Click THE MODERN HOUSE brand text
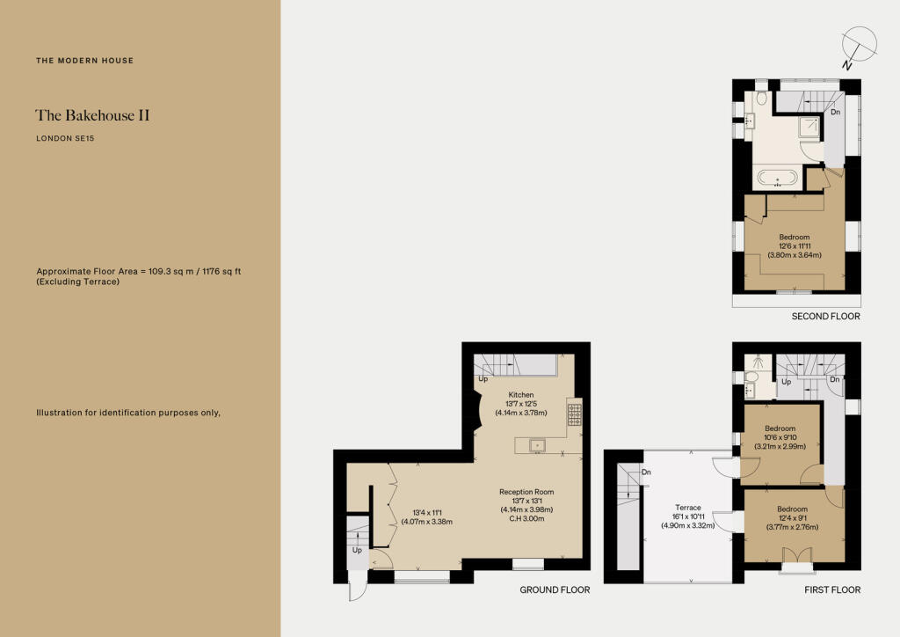[x=84, y=61]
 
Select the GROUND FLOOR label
[x=555, y=590]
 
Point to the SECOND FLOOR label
[x=825, y=316]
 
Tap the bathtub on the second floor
[x=778, y=179]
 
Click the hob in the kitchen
[x=574, y=413]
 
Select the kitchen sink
[x=536, y=445]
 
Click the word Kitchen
[x=521, y=395]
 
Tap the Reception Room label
[x=526, y=492]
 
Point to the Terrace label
[x=687, y=508]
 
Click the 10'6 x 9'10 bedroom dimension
[x=780, y=437]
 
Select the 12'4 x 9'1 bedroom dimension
[x=792, y=518]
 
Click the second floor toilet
[x=760, y=102]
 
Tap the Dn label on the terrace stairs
[x=646, y=472]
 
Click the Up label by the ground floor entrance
[x=357, y=550]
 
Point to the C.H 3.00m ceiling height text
[x=526, y=519]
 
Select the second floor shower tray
[x=809, y=129]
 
